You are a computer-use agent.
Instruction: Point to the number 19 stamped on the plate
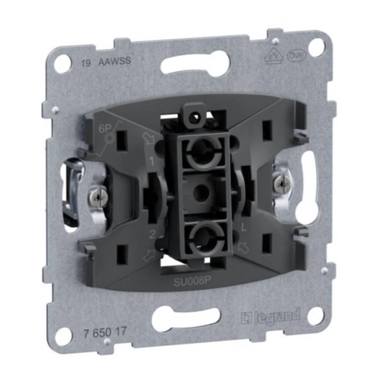click(x=86, y=64)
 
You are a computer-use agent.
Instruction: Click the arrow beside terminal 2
click(x=150, y=255)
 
